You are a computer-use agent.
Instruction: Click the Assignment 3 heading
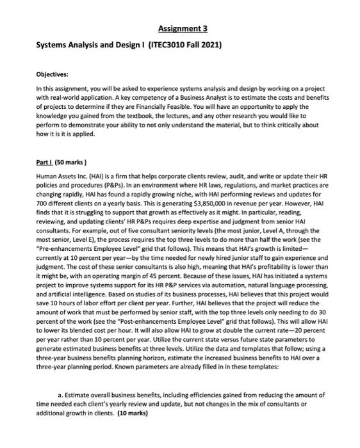coord(179,29)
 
